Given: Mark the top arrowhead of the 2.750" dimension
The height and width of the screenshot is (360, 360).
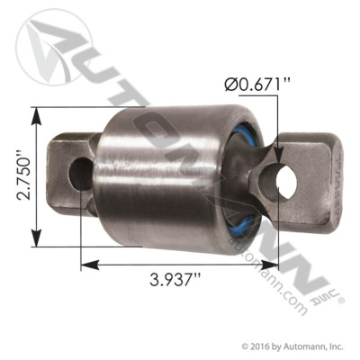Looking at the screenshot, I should pyautogui.click(x=35, y=112).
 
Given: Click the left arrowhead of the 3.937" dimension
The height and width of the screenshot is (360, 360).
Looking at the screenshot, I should pyautogui.click(x=84, y=264).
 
